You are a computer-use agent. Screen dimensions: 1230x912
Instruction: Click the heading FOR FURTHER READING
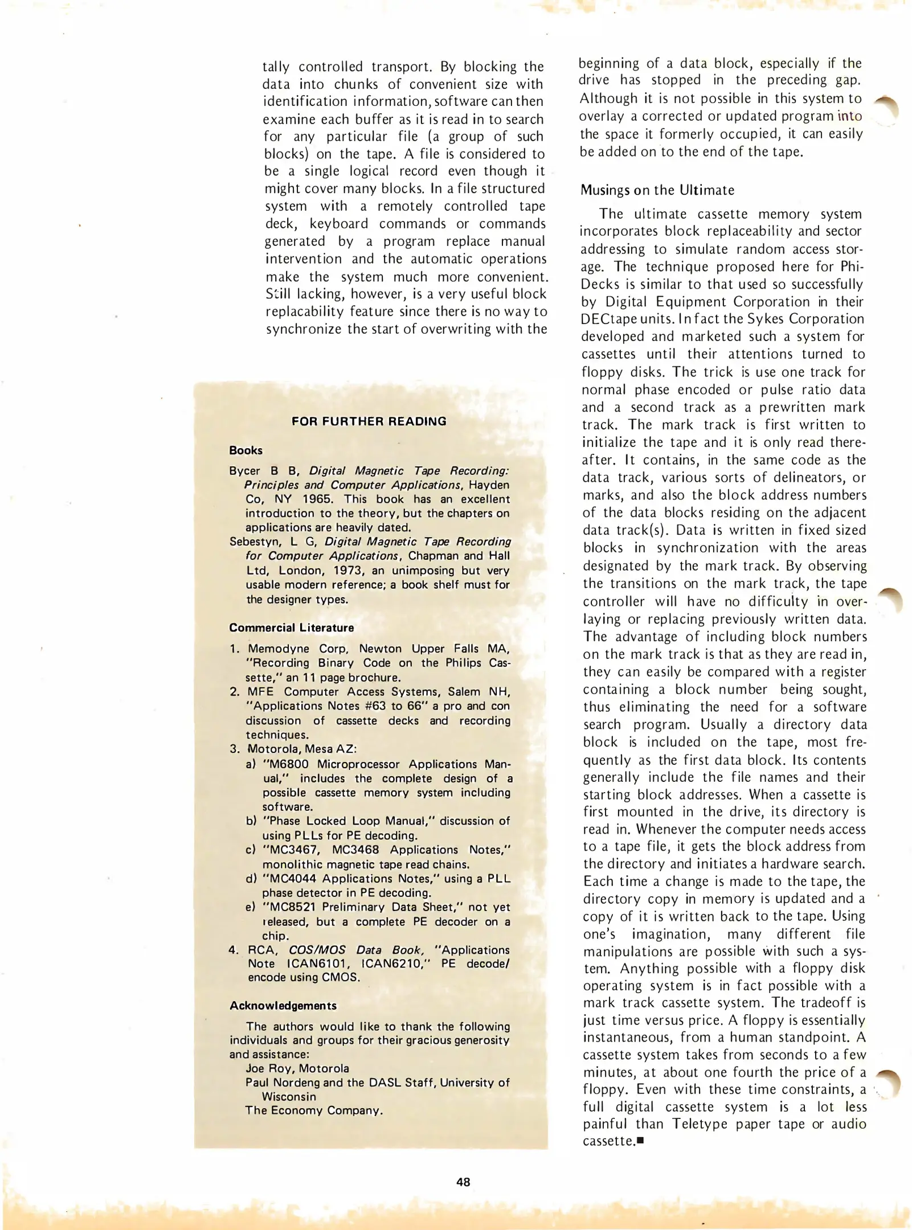(x=369, y=421)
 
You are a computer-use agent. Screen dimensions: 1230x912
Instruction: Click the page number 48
(x=463, y=1182)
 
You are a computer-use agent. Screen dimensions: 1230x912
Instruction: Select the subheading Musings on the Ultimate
(x=657, y=190)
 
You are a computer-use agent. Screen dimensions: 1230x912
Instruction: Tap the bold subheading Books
(x=246, y=450)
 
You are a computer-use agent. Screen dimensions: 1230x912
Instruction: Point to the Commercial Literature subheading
(x=291, y=628)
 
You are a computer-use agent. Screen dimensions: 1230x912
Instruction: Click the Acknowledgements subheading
(x=283, y=1006)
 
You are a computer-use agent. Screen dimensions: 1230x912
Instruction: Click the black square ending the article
(x=640, y=1141)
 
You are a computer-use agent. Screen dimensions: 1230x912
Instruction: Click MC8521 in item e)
(x=294, y=907)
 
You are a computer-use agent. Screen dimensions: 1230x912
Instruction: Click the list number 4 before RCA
(x=234, y=950)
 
